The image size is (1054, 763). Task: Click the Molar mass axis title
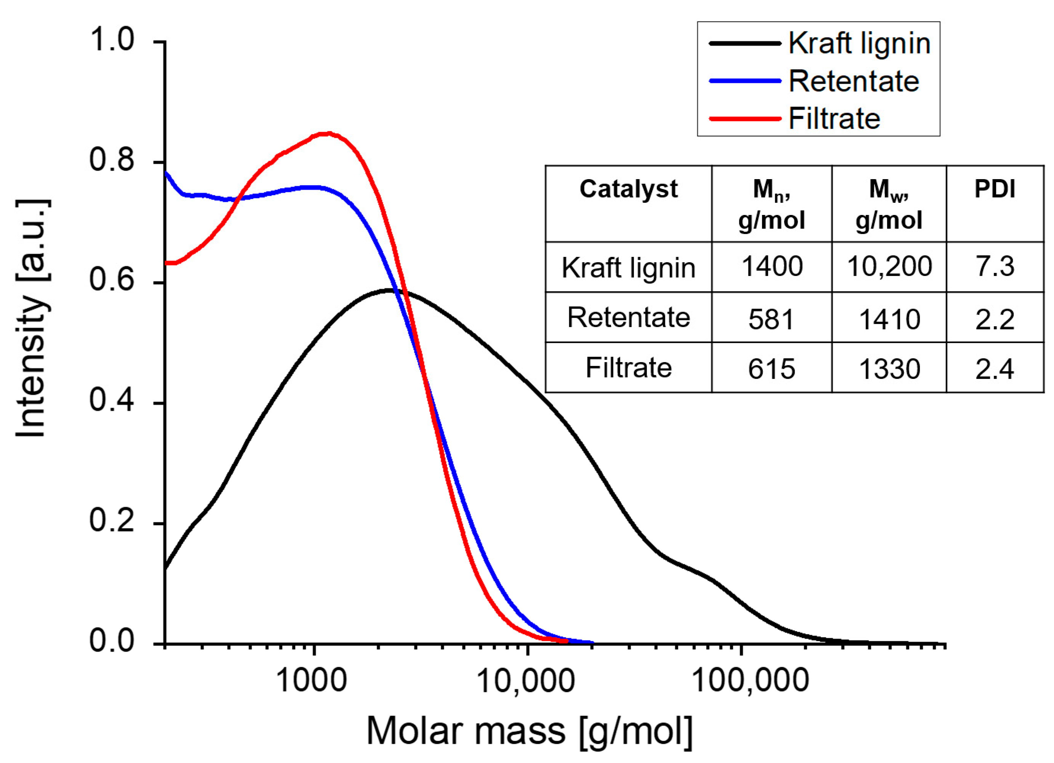(530, 731)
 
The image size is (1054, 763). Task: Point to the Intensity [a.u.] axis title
(32, 319)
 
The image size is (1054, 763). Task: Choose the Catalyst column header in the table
(628, 189)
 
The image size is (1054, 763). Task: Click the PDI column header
(995, 189)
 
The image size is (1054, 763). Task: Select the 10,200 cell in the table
(889, 266)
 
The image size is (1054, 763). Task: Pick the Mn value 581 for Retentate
(771, 319)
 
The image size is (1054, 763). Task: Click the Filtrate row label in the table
(628, 368)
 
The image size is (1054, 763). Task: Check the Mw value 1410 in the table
(889, 319)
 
